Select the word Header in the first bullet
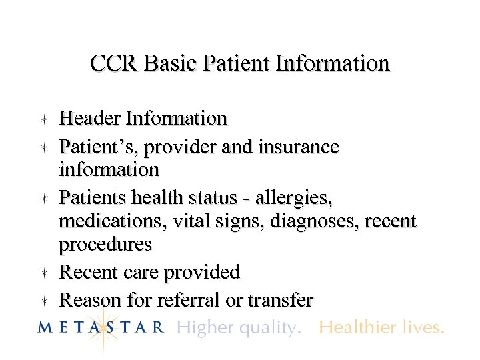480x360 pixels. tap(90, 119)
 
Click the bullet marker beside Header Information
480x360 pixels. tap(43, 119)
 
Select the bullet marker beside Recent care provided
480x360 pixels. tap(43, 273)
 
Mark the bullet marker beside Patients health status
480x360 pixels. tap(43, 199)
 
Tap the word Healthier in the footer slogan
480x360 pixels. tap(350, 327)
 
